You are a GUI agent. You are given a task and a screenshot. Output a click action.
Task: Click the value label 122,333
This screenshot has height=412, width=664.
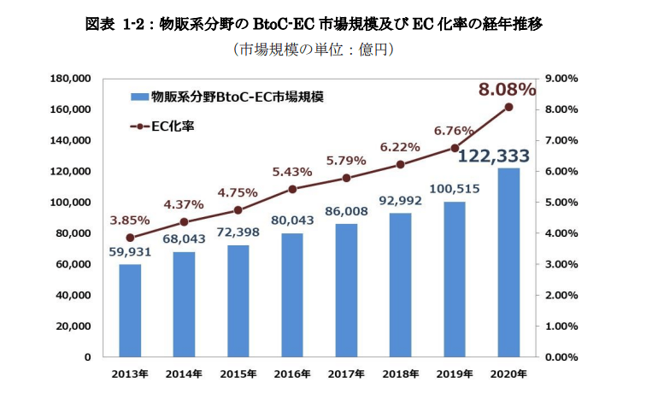[x=494, y=156]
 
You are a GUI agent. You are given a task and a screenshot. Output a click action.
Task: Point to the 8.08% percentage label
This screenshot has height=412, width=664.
[x=507, y=90]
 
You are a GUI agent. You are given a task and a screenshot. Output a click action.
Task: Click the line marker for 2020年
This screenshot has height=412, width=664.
[x=508, y=107]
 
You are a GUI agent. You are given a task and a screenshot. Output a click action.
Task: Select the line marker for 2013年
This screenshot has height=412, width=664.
[x=130, y=238]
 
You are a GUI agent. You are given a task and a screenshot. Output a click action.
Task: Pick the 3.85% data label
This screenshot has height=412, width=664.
[x=129, y=219]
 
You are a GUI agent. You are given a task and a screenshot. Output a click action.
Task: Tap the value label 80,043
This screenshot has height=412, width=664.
[x=293, y=220]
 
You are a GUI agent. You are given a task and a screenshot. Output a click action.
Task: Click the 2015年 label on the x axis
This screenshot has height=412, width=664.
[x=238, y=374]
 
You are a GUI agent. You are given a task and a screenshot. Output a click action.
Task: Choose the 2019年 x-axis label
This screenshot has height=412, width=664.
[x=455, y=374]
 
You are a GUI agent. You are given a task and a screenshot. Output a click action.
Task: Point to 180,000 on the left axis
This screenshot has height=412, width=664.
[x=72, y=79]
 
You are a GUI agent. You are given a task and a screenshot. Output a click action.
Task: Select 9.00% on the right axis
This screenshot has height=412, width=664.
[x=561, y=79]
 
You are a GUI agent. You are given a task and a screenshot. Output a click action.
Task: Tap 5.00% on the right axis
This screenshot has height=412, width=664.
[x=561, y=203]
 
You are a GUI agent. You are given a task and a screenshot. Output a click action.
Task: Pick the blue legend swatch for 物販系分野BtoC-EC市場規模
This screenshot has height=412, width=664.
[x=138, y=96]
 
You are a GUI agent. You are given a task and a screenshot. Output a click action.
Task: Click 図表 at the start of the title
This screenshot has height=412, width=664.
[x=100, y=24]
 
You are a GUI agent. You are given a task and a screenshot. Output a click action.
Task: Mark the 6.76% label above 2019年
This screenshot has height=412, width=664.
[x=454, y=131]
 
